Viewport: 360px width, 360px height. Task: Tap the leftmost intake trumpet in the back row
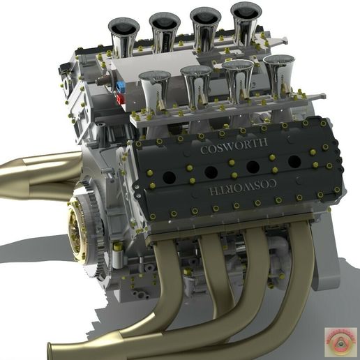(123, 36)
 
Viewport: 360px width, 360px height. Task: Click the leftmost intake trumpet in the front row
(154, 87)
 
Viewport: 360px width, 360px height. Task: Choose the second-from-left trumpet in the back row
(165, 30)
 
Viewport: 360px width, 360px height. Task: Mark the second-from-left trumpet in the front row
(195, 82)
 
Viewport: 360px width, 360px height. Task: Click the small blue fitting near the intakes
(121, 87)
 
